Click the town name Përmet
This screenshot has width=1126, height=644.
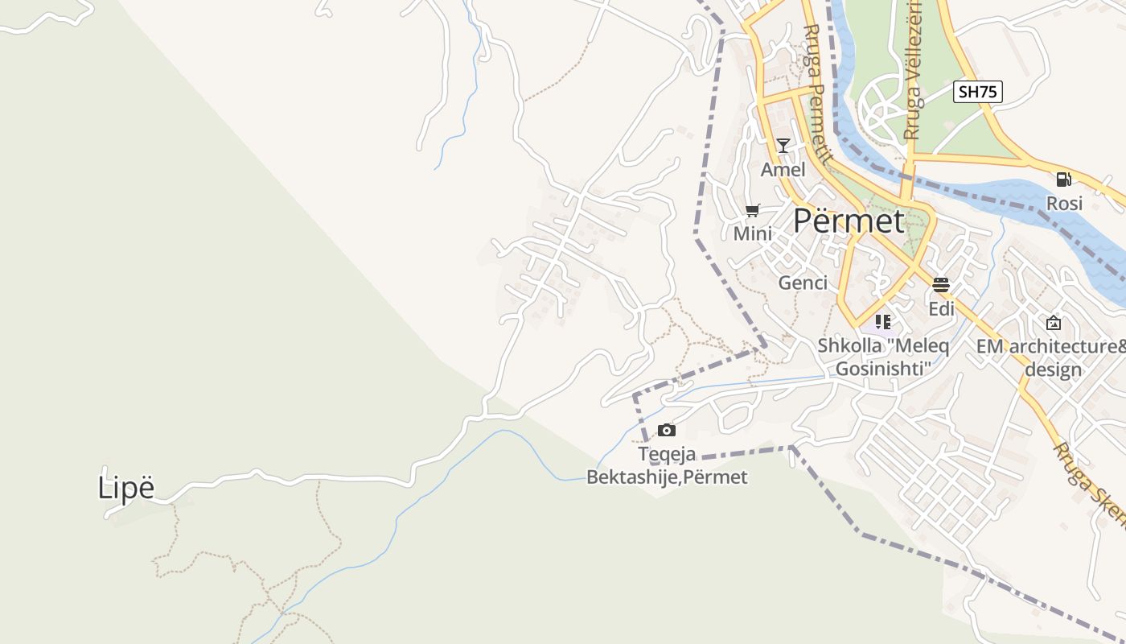click(x=849, y=221)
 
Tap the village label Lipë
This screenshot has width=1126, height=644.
click(x=125, y=488)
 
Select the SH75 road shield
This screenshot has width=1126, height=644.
click(x=978, y=92)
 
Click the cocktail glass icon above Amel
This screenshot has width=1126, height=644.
click(x=783, y=146)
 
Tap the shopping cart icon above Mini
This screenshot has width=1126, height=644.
click(x=753, y=211)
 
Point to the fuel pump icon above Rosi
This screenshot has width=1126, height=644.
click(x=1063, y=180)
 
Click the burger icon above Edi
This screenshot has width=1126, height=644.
click(x=941, y=284)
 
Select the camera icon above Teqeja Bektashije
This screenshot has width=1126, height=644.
click(x=666, y=431)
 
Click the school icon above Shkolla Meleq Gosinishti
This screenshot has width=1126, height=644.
click(x=883, y=322)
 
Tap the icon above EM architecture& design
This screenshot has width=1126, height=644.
click(x=1053, y=323)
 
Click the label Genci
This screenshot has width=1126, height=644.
click(x=803, y=283)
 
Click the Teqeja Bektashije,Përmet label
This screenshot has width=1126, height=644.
click(x=667, y=466)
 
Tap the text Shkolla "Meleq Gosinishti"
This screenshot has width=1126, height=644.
click(x=883, y=357)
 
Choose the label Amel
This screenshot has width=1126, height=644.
click(x=783, y=170)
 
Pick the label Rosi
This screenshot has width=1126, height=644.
click(x=1064, y=204)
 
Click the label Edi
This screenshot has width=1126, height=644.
click(x=941, y=309)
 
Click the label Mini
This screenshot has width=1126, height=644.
click(x=753, y=234)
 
